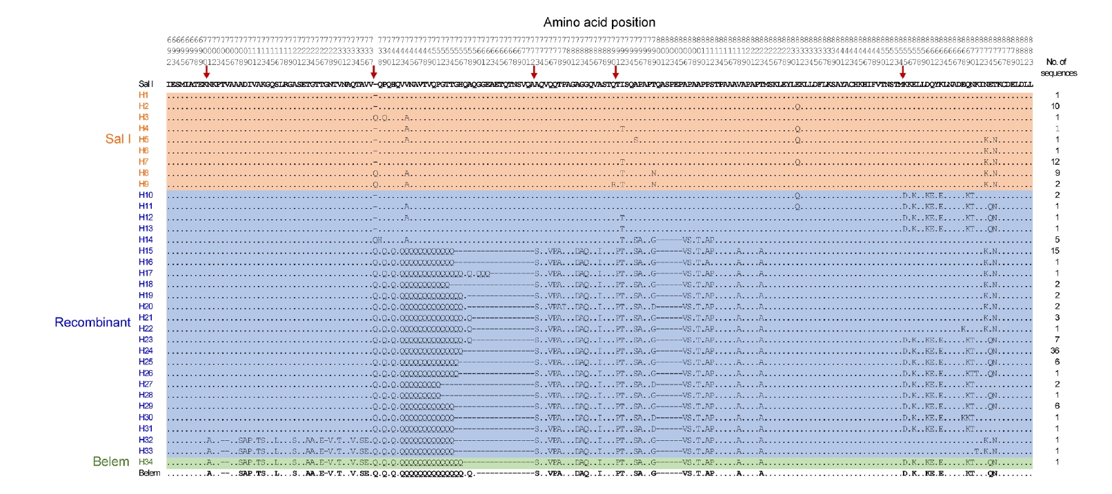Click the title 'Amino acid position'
599,23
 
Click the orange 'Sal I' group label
117,139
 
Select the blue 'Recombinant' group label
92,322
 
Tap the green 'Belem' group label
110,462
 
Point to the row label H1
143,95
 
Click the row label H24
145,351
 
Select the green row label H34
145,462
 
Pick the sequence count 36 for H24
1055,351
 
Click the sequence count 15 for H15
1055,251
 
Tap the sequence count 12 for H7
1055,162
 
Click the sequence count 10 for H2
1055,106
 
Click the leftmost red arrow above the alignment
206,72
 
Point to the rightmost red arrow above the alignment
902,72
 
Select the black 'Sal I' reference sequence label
146,84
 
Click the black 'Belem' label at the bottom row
149,473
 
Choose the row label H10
145,195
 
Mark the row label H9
143,184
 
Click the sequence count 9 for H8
1057,173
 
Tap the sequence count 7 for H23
1057,340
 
